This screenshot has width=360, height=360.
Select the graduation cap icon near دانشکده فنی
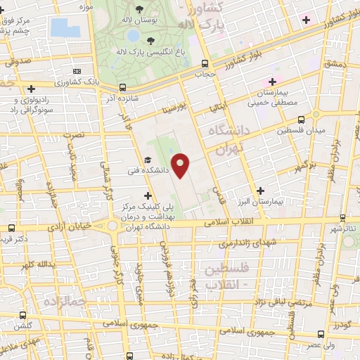click(148, 160)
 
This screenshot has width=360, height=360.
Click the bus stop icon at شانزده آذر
click(123, 88)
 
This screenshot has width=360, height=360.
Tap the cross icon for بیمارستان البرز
click(262, 190)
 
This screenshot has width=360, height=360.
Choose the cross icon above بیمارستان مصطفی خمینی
click(272, 83)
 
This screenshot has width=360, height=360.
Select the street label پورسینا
click(174, 110)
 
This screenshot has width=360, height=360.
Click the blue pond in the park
click(65, 27)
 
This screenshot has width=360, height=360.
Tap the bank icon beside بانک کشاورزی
click(76, 71)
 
